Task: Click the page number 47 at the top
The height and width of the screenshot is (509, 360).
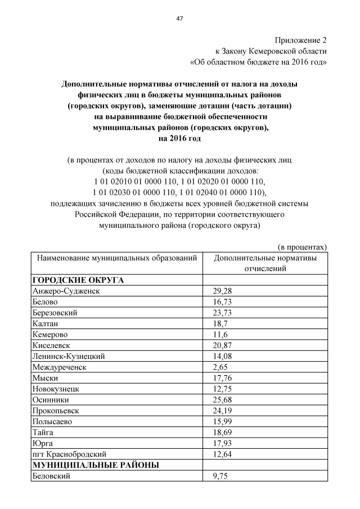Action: pos(179,19)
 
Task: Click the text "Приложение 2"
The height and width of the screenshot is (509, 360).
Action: pos(300,40)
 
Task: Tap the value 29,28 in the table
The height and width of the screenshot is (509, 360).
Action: pos(222,291)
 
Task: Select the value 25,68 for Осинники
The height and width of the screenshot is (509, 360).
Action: pos(222,400)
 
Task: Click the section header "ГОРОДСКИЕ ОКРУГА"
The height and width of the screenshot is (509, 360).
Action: pos(78,280)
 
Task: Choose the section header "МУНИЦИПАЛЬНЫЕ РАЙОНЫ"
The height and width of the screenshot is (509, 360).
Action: pos(95,465)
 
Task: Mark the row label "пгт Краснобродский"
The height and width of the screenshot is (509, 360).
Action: pos(69,454)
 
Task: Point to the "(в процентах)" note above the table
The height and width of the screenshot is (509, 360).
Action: pos(303,247)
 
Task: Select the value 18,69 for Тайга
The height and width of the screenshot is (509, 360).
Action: pos(222,433)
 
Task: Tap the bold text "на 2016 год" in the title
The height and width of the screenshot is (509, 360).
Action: pos(179,138)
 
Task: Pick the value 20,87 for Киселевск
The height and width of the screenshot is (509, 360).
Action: pos(222,345)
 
